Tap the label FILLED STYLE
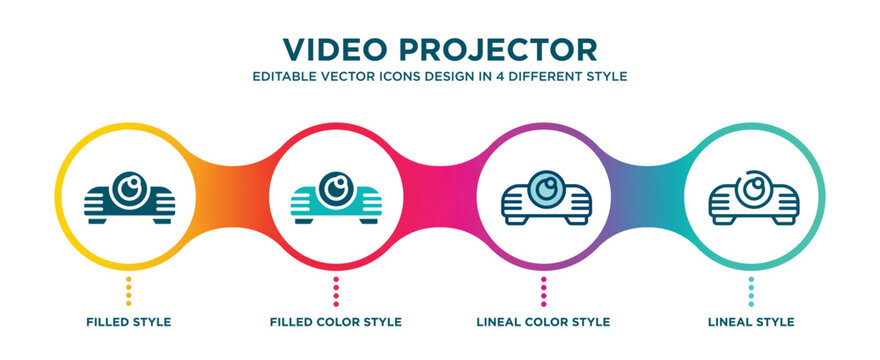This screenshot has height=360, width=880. point(129,322)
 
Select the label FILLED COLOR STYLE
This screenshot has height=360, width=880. point(336,322)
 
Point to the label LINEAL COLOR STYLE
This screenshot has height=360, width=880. point(543,322)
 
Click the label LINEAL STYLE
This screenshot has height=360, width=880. point(751,322)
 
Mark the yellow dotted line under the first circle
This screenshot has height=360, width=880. point(129,291)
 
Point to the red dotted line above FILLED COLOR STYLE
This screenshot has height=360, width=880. point(336,291)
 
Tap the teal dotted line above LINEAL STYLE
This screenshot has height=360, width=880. point(751,291)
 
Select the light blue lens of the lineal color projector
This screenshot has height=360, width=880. point(544,187)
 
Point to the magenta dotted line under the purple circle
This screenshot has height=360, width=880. point(543,291)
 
